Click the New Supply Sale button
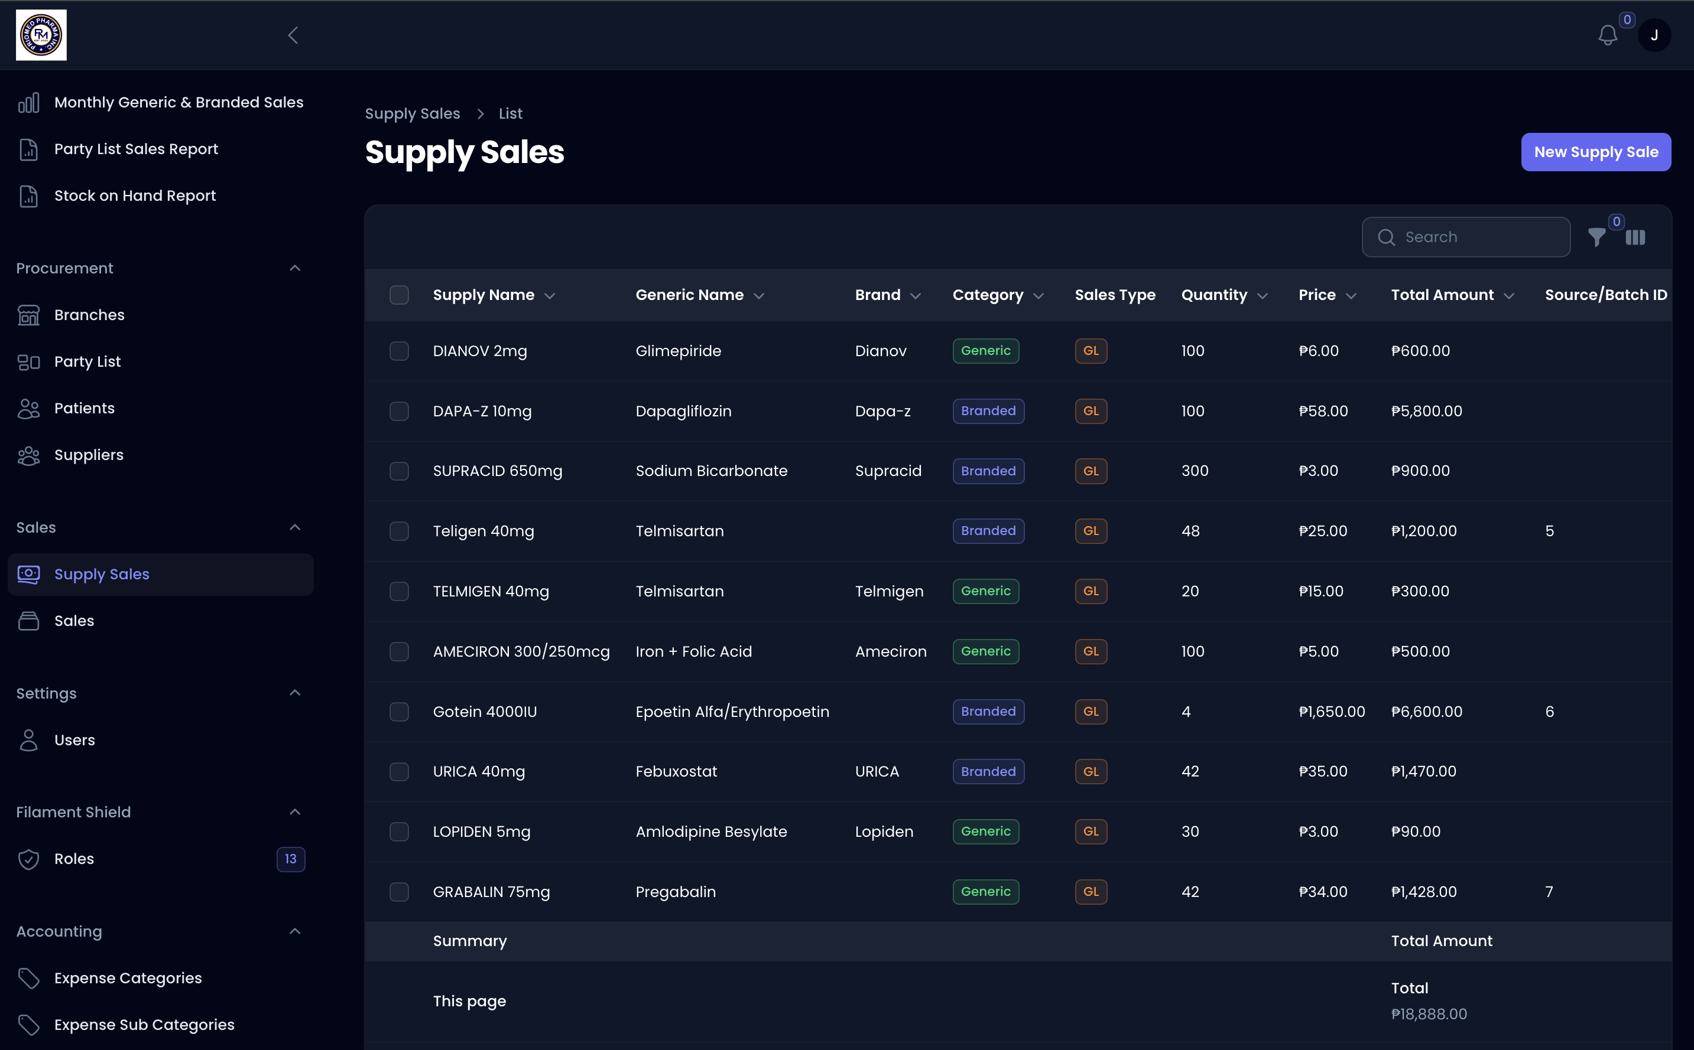point(1595,152)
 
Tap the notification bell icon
point(1607,35)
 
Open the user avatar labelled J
point(1654,35)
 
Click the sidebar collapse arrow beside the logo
point(293,35)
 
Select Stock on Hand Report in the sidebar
point(135,196)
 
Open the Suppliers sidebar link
point(88,455)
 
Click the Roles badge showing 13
point(290,859)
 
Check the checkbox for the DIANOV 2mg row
point(399,351)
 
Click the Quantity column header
point(1214,295)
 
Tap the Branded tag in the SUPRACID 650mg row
point(987,471)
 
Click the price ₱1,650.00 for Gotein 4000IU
point(1331,711)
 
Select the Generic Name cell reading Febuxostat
point(676,771)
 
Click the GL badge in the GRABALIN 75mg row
point(1090,892)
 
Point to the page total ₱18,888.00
point(1429,1014)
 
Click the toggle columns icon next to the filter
point(1635,237)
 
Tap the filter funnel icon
point(1596,237)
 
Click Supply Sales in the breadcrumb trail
point(412,113)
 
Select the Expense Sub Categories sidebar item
point(144,1025)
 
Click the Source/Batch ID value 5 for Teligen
point(1549,531)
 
